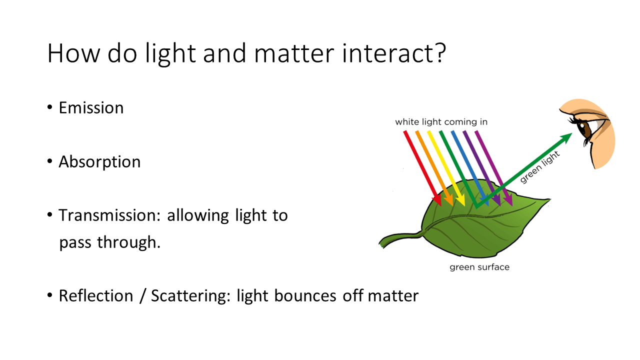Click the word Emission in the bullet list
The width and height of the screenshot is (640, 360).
click(91, 107)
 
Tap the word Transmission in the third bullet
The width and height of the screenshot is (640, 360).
click(109, 215)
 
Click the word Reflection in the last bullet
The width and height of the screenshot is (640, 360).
click(96, 295)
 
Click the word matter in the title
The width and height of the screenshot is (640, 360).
click(294, 53)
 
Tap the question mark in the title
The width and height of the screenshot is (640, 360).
click(439, 52)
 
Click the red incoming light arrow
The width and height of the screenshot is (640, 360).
click(423, 168)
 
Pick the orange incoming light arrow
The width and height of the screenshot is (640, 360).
click(434, 168)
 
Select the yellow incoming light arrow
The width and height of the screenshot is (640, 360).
click(446, 168)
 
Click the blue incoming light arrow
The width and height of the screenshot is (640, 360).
click(470, 168)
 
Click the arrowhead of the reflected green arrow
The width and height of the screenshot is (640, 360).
click(566, 138)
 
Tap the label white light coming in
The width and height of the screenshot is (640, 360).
click(441, 122)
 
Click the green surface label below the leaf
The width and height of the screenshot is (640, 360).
click(479, 267)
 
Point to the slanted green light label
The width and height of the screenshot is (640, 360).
click(539, 167)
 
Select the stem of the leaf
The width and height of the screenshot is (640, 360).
click(400, 238)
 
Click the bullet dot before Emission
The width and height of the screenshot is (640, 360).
click(49, 107)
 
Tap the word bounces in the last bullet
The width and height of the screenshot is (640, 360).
click(305, 295)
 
